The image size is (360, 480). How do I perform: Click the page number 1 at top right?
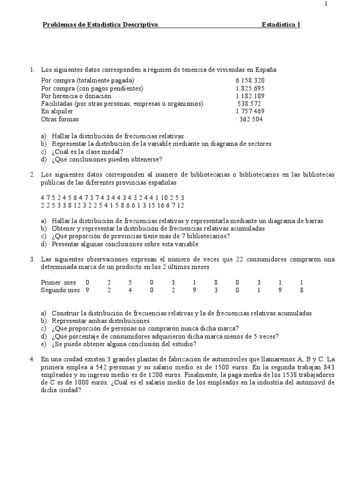click(326, 4)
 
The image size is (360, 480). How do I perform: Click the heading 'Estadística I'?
click(281, 24)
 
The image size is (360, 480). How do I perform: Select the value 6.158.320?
click(250, 80)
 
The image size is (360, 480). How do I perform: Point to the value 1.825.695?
click(250, 88)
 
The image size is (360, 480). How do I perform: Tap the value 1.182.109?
click(250, 96)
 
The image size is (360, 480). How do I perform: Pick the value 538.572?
click(249, 104)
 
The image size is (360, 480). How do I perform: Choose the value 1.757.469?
click(250, 111)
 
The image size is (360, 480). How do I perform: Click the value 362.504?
click(251, 119)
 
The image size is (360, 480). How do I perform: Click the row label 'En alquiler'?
click(57, 111)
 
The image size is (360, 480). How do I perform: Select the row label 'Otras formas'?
click(60, 119)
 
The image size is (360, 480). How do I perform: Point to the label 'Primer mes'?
click(58, 283)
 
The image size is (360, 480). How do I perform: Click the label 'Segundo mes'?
click(60, 290)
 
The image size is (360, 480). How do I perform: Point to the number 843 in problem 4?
click(327, 367)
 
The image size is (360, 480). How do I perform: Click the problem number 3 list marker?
click(32, 259)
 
